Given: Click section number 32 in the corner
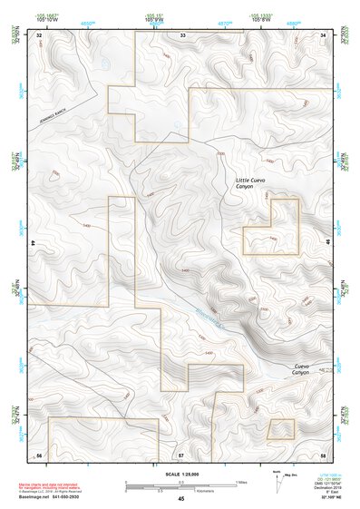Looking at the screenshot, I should (40, 34).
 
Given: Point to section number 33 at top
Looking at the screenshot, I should (181, 34).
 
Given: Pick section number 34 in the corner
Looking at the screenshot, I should (323, 34).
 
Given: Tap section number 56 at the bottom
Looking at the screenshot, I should (40, 453).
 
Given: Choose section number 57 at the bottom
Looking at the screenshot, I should (181, 453).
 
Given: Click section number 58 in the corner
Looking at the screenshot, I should (323, 453).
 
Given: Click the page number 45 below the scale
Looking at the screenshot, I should (181, 498).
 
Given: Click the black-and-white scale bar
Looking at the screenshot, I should (181, 483).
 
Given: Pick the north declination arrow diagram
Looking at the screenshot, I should (276, 481).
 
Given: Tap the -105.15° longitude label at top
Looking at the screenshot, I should (156, 15).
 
